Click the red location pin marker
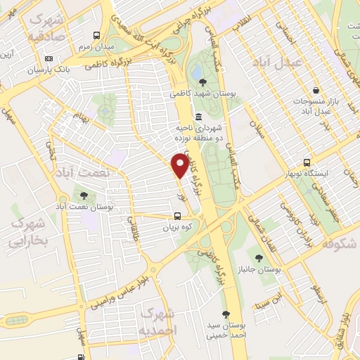[180, 166]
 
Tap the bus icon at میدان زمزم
[96, 35]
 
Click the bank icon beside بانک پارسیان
[49, 58]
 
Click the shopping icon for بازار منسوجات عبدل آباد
[317, 91]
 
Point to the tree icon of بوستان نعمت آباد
[84, 195]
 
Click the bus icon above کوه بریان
[177, 217]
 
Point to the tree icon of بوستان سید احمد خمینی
[226, 314]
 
